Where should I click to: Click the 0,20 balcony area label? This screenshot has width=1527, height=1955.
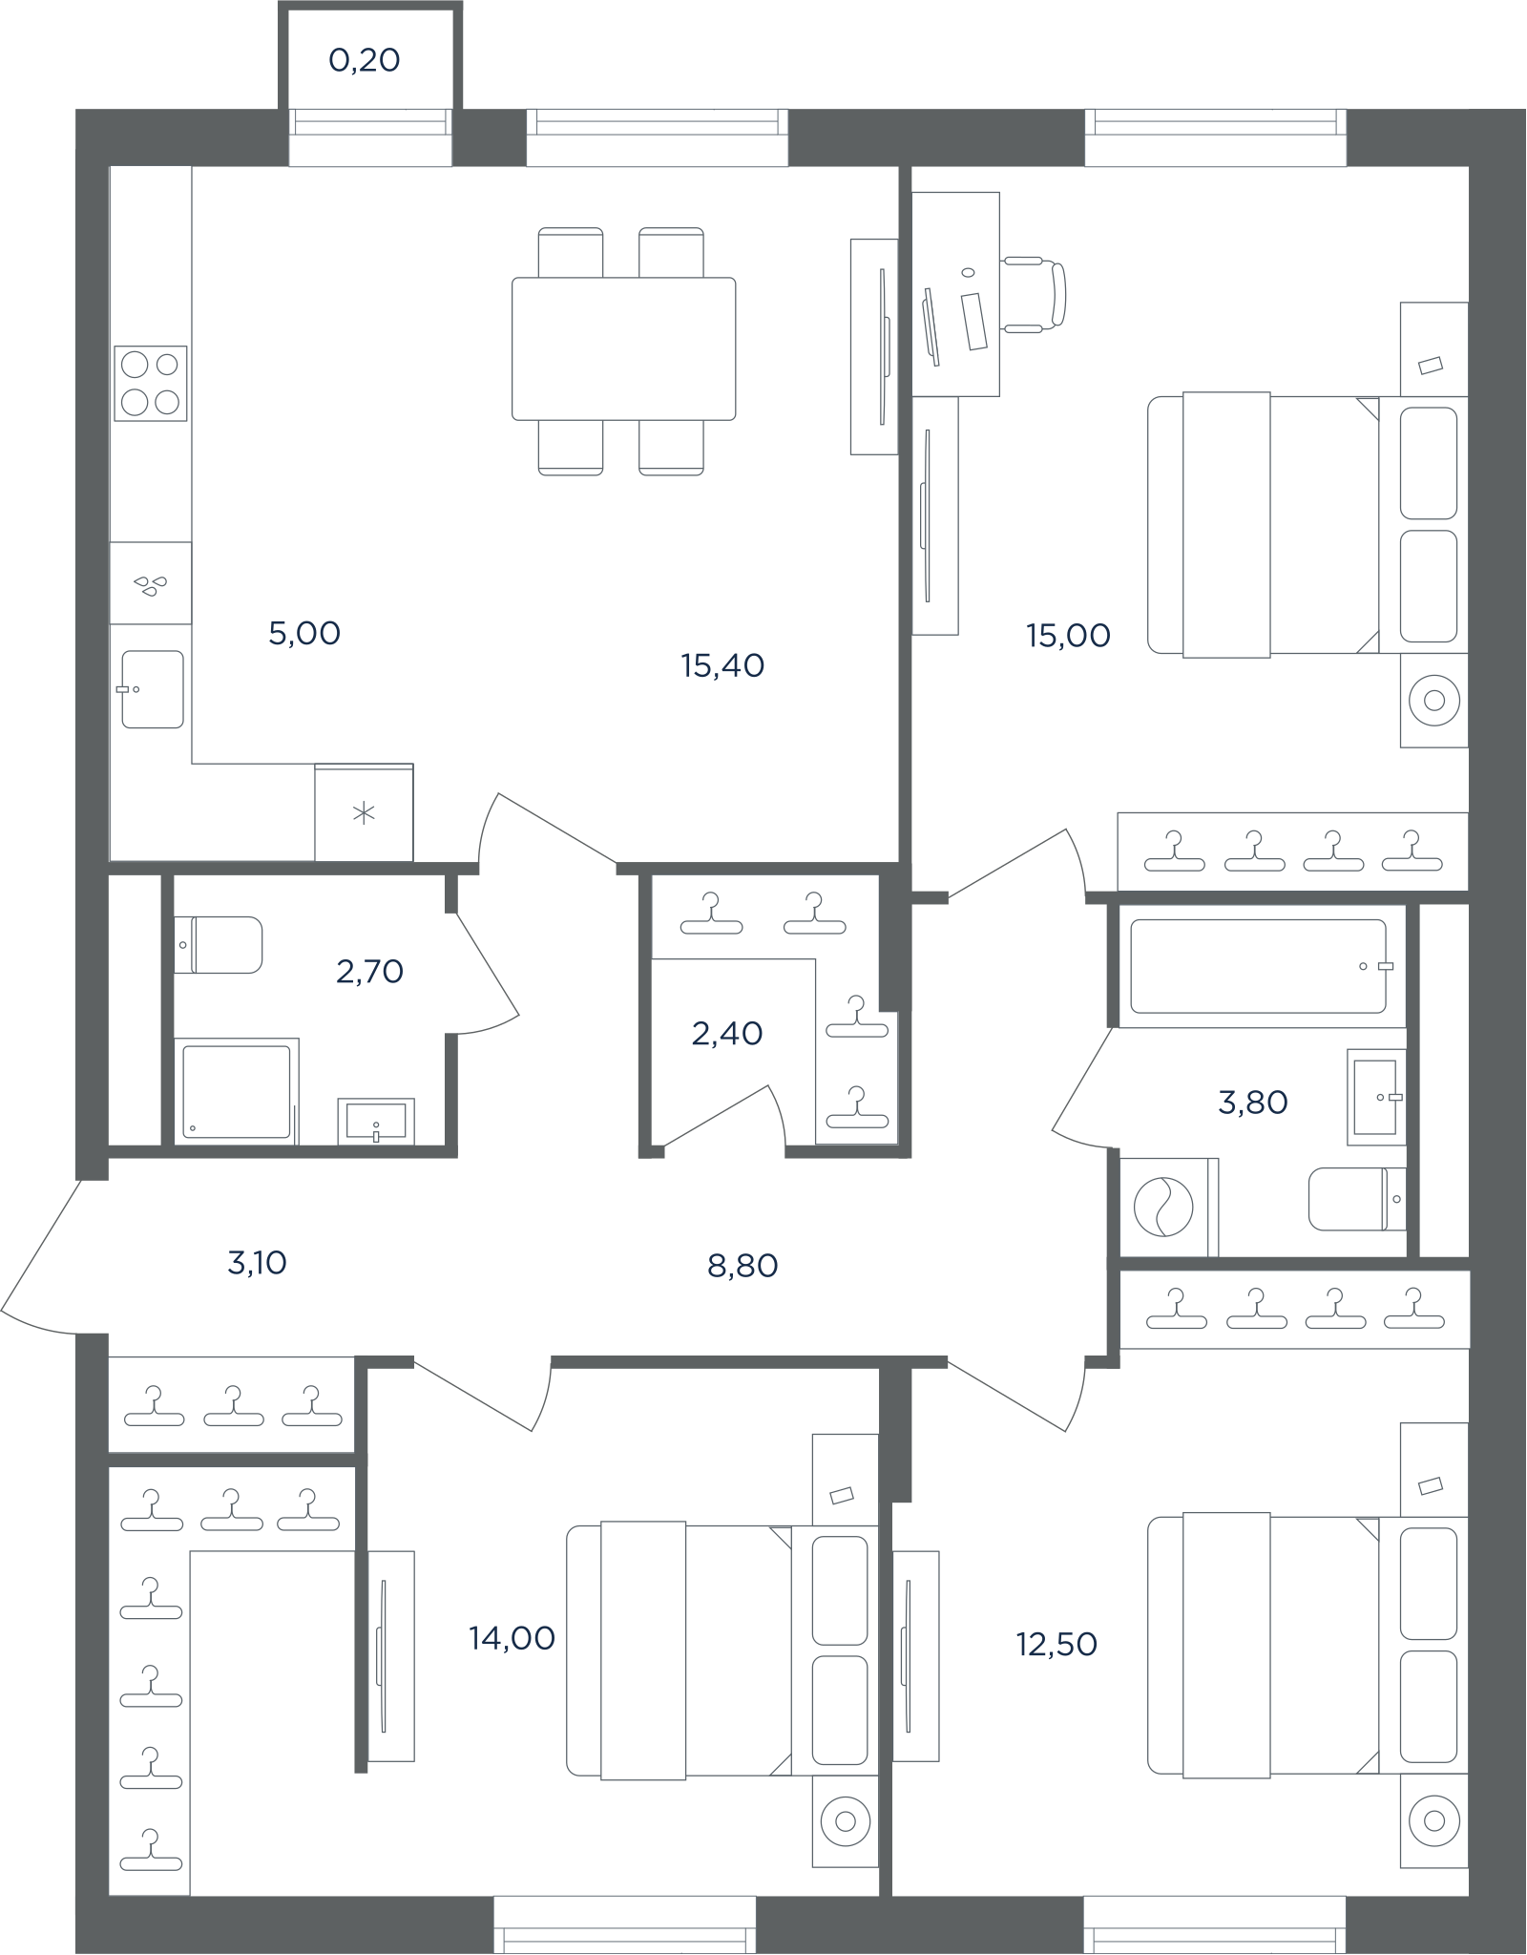click(x=364, y=60)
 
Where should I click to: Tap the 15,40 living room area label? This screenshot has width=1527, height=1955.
click(x=722, y=665)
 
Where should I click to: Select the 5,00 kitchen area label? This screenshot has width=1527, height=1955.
click(x=304, y=633)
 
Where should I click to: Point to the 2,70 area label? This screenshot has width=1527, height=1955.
click(x=369, y=972)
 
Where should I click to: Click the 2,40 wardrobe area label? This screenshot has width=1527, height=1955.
click(x=727, y=1033)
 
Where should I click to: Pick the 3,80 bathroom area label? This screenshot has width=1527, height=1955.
click(x=1253, y=1103)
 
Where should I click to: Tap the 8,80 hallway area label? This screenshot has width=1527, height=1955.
click(x=743, y=1266)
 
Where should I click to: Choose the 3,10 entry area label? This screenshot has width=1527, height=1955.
click(x=257, y=1263)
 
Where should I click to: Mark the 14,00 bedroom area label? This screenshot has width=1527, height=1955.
click(x=512, y=1638)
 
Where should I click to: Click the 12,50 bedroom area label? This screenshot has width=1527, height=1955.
click(x=1056, y=1644)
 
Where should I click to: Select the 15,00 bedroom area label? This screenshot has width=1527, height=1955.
click(x=1068, y=635)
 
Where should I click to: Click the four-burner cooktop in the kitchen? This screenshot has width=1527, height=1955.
click(x=151, y=383)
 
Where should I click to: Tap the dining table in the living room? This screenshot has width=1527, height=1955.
click(x=624, y=348)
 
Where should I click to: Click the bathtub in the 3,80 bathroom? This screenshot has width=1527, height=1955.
click(x=1259, y=966)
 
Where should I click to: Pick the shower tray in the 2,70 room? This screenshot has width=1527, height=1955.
click(x=237, y=1091)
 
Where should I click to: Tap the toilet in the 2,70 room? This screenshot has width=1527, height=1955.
click(x=219, y=945)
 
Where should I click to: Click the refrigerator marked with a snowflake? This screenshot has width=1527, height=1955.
click(x=364, y=812)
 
